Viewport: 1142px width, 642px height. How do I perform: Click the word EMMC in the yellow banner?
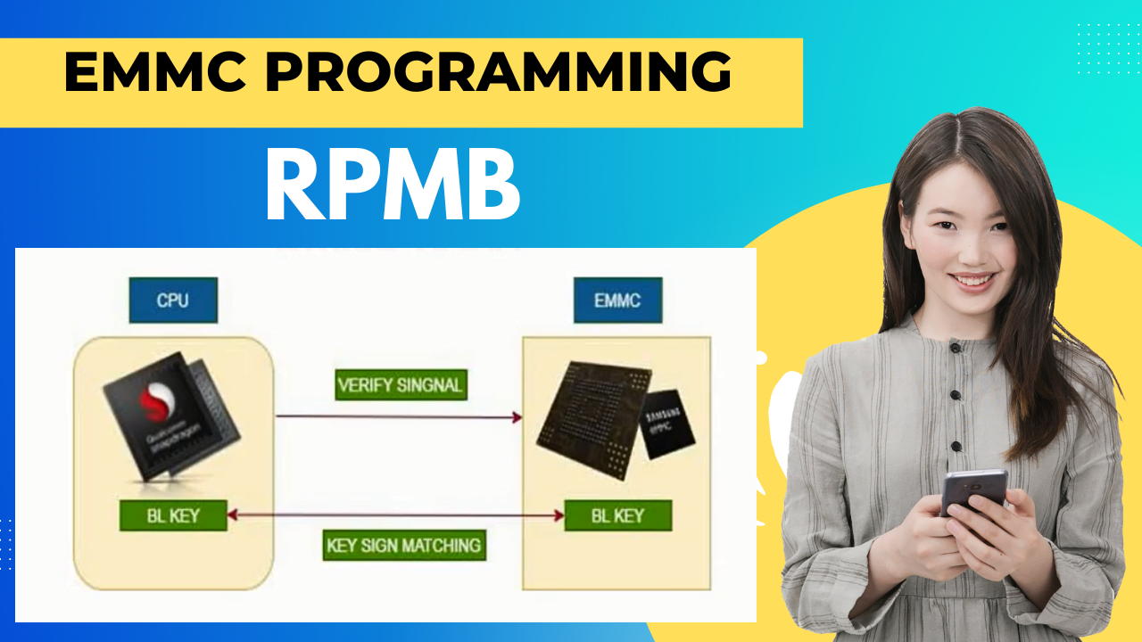point(151,74)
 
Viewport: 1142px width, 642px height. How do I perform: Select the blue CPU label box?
point(173,300)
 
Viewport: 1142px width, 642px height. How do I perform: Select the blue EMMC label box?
point(617,300)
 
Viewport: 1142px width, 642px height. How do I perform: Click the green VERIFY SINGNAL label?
point(401,386)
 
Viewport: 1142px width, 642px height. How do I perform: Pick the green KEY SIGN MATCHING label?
point(404,545)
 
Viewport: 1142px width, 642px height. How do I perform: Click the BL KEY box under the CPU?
point(173,515)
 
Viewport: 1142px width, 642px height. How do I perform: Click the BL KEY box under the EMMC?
point(617,515)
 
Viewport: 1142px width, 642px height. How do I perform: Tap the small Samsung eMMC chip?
point(667,424)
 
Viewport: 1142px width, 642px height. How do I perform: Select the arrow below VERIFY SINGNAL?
point(399,416)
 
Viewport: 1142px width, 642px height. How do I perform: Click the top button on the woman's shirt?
point(955,347)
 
